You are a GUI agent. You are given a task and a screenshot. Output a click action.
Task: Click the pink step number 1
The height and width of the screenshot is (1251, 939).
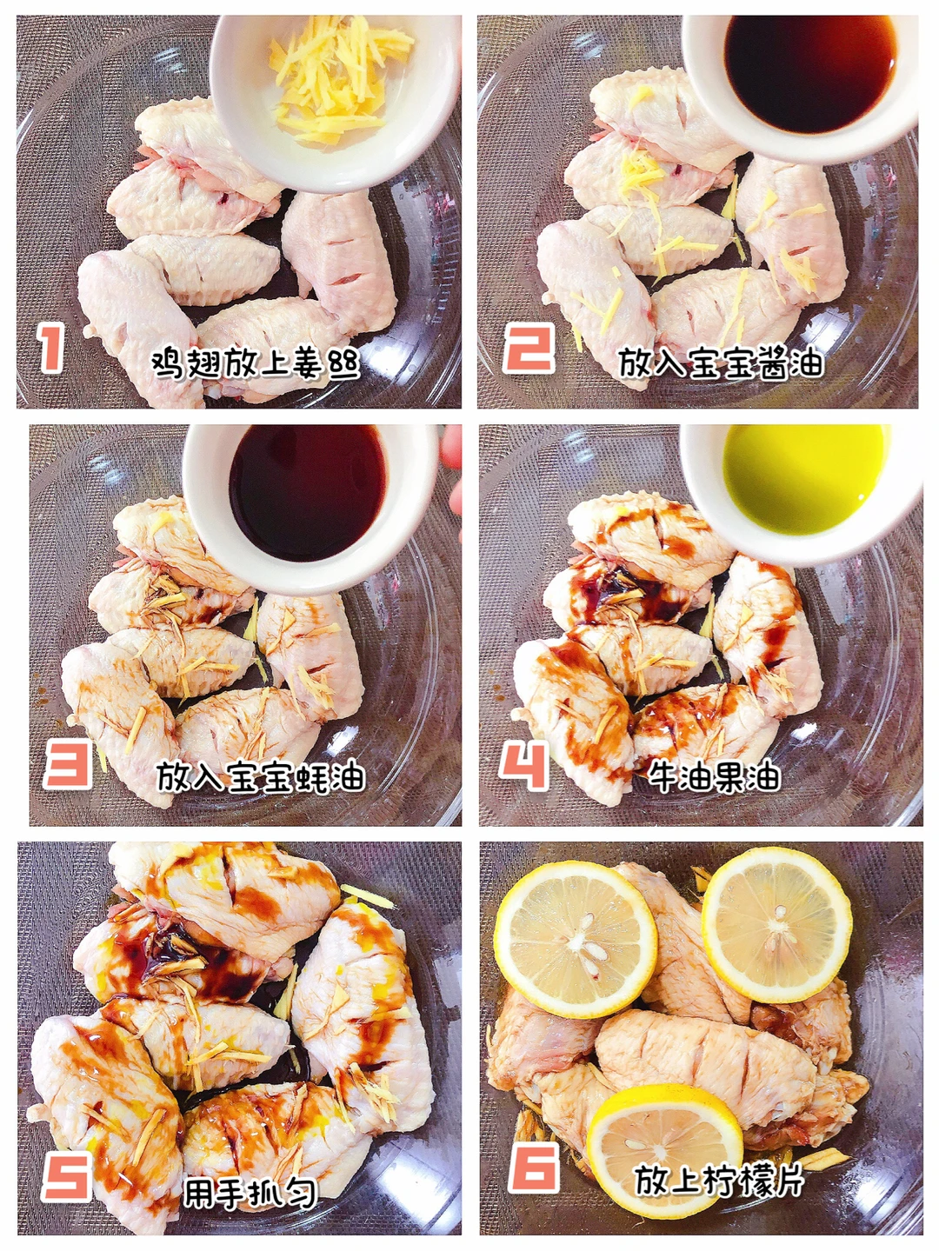[52, 347]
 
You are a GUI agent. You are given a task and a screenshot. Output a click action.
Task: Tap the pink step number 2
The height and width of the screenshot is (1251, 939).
[528, 347]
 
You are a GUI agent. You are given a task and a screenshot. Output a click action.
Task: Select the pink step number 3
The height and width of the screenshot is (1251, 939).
[67, 763]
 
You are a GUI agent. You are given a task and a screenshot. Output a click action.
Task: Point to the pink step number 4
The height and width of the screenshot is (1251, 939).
[523, 765]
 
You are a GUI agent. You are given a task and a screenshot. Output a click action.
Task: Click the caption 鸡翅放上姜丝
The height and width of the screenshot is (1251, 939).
[256, 363]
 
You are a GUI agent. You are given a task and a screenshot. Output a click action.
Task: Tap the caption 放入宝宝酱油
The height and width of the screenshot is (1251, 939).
[720, 362]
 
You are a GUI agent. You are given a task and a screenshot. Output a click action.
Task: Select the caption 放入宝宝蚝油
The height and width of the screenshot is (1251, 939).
[260, 777]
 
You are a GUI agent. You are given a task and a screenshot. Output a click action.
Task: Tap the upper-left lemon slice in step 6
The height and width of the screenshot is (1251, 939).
[576, 939]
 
